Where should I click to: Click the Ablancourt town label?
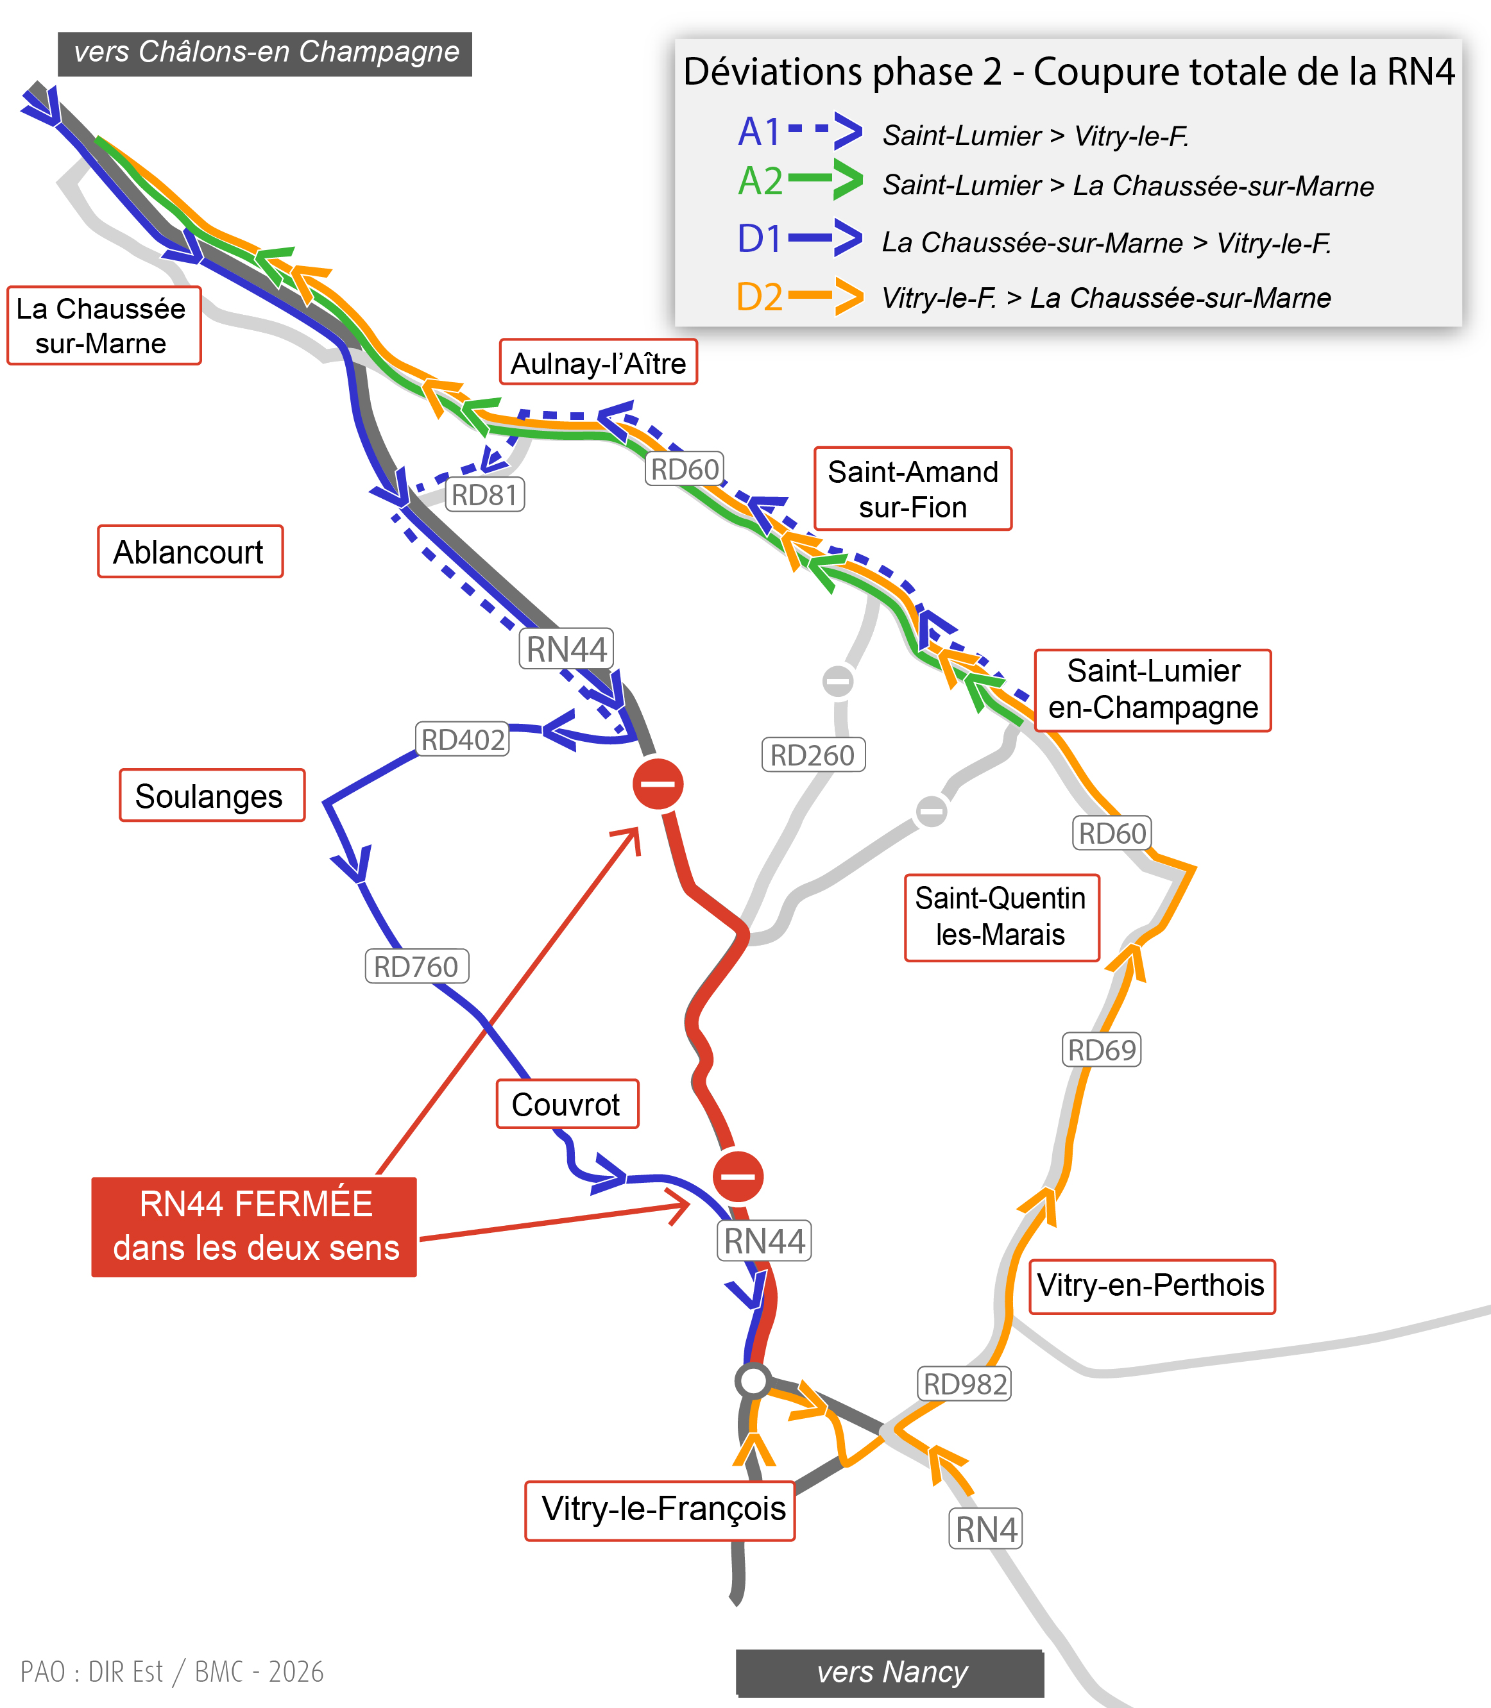tap(191, 551)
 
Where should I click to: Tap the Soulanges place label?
tap(212, 796)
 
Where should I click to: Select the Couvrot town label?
tap(567, 1104)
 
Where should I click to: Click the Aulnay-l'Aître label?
tap(598, 362)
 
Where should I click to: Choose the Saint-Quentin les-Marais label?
tap(1001, 917)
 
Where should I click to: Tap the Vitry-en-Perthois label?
tap(1152, 1285)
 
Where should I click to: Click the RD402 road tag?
tap(463, 739)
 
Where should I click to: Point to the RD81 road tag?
tap(485, 495)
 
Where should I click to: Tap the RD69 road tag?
tap(1102, 1050)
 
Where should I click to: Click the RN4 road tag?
tap(986, 1528)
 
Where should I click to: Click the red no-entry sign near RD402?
tap(658, 783)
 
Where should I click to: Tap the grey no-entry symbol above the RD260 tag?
tap(838, 681)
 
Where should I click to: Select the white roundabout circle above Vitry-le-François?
tap(753, 1380)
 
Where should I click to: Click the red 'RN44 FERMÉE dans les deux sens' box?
tap(254, 1227)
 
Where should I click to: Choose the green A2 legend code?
tap(760, 181)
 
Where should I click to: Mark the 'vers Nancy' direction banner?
tap(890, 1671)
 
